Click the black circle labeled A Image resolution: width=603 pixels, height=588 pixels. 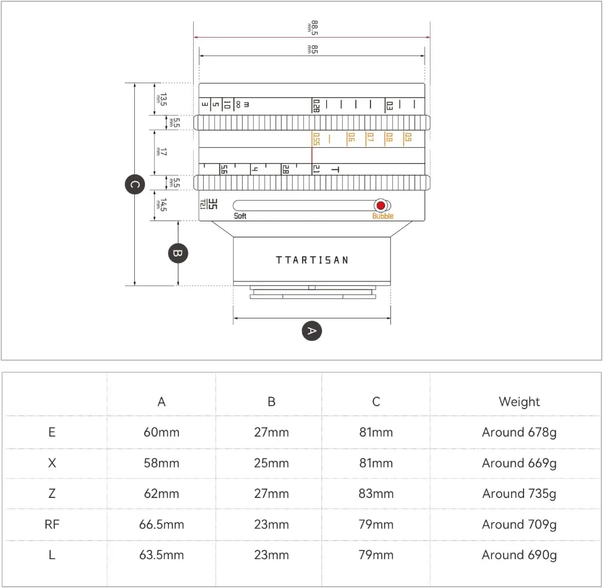[312, 331]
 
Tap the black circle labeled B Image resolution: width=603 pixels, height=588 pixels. [178, 253]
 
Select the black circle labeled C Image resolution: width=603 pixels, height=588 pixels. [135, 184]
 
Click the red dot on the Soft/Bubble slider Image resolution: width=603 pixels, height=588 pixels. [381, 205]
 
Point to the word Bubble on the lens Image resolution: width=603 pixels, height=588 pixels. [383, 216]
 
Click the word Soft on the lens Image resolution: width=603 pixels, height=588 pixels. [240, 216]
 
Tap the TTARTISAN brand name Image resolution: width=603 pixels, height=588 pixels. [312, 260]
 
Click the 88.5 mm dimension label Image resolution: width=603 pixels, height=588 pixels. [313, 28]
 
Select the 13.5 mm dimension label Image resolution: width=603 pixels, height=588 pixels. [161, 99]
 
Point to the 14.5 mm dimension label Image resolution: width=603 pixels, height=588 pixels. [161, 205]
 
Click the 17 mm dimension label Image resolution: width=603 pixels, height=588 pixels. [161, 152]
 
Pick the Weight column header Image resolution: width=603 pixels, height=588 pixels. [519, 401]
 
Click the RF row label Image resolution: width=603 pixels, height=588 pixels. [52, 524]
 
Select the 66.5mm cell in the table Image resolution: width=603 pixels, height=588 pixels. [161, 524]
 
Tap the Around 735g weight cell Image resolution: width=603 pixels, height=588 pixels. [519, 494]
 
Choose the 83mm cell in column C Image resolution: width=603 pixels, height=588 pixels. [376, 493]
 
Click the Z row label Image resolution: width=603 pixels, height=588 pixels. [52, 493]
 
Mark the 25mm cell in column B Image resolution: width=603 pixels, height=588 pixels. [271, 463]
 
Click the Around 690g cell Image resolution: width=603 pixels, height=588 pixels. [519, 556]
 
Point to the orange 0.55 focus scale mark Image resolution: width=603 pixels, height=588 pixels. [316, 139]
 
